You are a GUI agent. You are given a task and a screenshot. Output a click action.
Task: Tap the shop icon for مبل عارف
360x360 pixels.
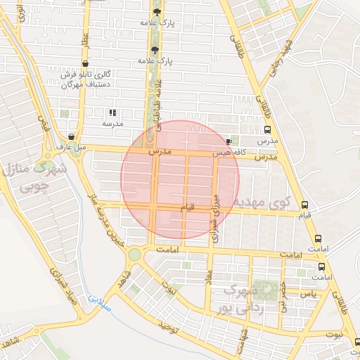pyautogui.click(x=72, y=137)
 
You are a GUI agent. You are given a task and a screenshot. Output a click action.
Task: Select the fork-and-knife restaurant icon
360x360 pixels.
pyautogui.click(x=112, y=112)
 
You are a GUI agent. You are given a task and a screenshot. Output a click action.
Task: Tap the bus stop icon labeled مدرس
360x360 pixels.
pyautogui.click(x=266, y=130)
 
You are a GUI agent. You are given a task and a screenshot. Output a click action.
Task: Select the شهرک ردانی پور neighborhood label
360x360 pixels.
pyautogui.click(x=243, y=299)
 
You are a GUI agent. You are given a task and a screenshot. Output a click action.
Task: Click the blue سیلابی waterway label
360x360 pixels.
pyautogui.click(x=99, y=304)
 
